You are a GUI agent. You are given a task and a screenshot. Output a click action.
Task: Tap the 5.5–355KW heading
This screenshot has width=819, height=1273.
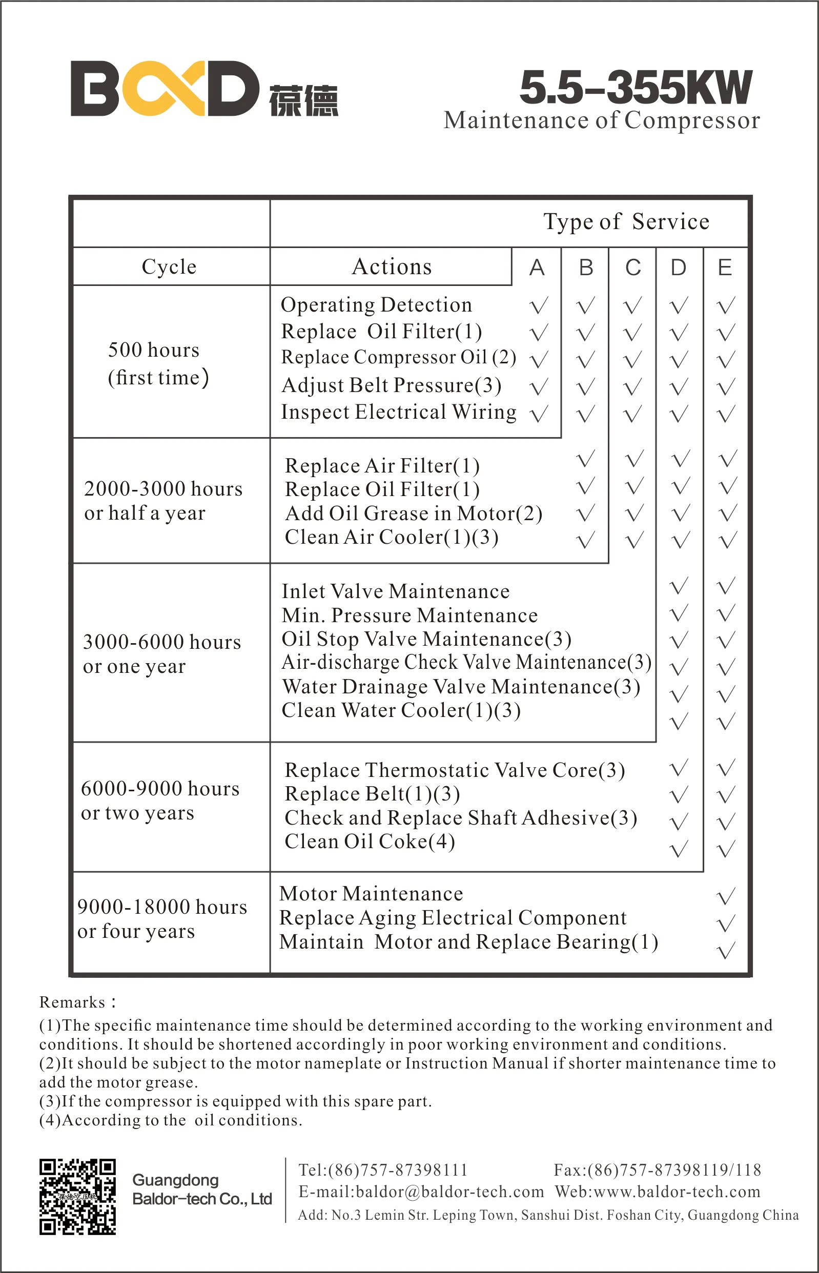point(636,87)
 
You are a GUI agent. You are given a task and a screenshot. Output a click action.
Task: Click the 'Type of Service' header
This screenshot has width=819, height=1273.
point(626,222)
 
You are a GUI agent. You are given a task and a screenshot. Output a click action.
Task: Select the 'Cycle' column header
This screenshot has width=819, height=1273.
point(169,267)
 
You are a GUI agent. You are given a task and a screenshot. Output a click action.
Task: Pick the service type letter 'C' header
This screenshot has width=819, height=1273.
point(633,268)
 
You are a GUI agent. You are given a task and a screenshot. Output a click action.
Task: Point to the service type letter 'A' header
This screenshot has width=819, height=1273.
point(537,268)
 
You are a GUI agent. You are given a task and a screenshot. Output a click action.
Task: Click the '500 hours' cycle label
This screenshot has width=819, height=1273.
point(154,350)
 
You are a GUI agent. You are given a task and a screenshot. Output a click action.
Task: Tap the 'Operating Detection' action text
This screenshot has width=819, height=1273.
point(376,305)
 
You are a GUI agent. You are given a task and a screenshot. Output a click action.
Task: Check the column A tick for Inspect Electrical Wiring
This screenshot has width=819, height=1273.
point(539,414)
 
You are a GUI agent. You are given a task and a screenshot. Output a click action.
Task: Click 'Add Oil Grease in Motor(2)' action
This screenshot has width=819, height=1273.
point(413,514)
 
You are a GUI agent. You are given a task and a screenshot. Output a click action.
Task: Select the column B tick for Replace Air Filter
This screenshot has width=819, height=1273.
point(585,459)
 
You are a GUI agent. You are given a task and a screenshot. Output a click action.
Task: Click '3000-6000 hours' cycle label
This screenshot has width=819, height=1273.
point(161,642)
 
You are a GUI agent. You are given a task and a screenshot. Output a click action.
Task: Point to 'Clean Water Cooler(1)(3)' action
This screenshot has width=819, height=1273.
point(401,710)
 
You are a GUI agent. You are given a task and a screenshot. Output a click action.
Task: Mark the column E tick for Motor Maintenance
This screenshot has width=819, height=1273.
point(726,895)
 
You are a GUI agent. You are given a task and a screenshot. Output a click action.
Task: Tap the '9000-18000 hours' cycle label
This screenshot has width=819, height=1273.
point(162,907)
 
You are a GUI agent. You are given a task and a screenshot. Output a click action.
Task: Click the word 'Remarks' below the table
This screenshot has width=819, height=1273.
point(72,1002)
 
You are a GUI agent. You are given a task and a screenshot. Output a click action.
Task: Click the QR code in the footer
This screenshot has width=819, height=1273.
point(77,1197)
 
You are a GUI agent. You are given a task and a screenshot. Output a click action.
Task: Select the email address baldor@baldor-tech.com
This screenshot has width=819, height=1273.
point(449,1192)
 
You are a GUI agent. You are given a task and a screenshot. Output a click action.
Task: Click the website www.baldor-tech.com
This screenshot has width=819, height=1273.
point(677,1192)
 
